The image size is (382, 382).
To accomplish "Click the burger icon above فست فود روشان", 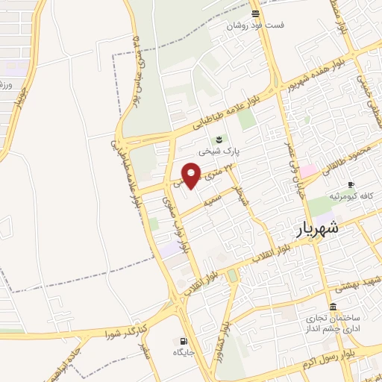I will [x=256, y=13].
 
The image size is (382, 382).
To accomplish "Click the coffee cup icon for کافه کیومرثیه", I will [x=351, y=184].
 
